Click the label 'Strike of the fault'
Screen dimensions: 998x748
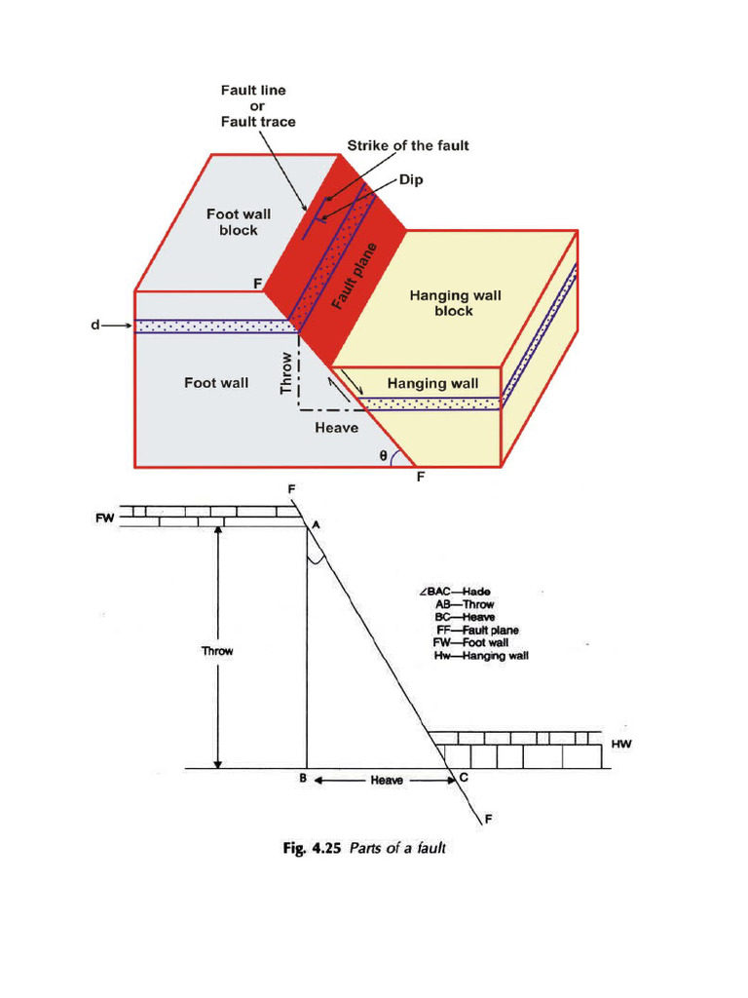(408, 146)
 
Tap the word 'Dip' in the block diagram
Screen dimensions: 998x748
(411, 181)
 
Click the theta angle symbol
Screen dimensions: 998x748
(383, 455)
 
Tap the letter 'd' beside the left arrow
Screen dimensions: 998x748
(95, 326)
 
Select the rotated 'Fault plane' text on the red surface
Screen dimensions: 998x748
(354, 276)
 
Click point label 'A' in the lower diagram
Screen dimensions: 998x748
(316, 524)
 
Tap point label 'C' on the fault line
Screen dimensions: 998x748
(463, 778)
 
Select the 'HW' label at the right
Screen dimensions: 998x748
(621, 744)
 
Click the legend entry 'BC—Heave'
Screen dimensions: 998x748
(466, 617)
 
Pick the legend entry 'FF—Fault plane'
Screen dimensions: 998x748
(477, 630)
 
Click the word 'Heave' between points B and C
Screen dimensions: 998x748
(387, 781)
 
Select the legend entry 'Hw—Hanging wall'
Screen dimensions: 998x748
(481, 656)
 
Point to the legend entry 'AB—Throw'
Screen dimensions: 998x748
(465, 604)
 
